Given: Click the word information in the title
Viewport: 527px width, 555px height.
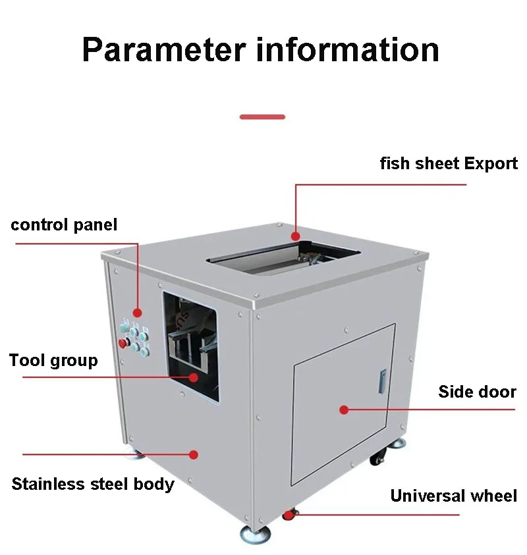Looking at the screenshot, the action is point(348,49).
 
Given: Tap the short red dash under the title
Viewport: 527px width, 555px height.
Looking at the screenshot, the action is point(262,117).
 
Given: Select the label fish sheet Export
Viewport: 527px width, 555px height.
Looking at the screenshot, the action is point(449,163).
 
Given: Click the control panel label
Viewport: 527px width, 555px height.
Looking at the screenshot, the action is point(64,225).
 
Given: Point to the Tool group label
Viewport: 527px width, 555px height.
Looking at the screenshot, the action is point(53,360).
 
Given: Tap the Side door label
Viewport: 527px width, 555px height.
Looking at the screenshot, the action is point(477,392).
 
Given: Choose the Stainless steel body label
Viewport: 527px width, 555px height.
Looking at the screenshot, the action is point(93,484).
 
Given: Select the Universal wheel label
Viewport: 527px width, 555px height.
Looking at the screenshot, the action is point(453,496).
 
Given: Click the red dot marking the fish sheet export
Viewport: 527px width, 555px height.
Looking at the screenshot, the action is point(296,236).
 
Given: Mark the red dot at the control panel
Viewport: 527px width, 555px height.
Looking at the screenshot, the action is point(137,312).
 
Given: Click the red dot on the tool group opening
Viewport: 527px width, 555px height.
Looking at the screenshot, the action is point(194,377).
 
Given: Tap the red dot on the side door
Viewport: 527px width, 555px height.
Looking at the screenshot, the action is point(344,410).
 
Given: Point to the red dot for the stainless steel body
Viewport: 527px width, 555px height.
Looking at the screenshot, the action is point(194,454).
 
